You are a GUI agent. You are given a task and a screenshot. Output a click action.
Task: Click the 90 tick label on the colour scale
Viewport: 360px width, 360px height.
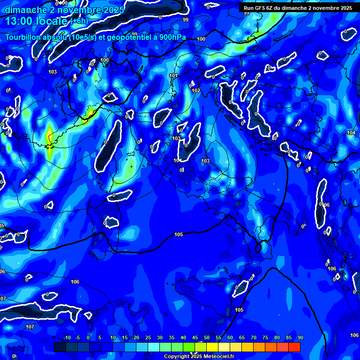pyautogui.click(x=300, y=338)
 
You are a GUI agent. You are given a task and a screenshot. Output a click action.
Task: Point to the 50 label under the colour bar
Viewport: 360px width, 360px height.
pyautogui.click(x=206, y=338)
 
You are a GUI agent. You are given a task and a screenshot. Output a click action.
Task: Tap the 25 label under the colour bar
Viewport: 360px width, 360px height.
pyautogui.click(x=148, y=338)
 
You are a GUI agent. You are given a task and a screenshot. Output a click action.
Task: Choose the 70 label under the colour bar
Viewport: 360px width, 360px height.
pyautogui.click(x=253, y=338)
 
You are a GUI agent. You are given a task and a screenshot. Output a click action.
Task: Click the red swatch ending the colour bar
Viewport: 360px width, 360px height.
pyautogui.click(x=294, y=347)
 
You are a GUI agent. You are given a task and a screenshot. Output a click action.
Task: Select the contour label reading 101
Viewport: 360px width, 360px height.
pyautogui.click(x=173, y=75)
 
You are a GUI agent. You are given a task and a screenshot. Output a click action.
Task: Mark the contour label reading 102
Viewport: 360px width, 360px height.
pyautogui.click(x=196, y=90)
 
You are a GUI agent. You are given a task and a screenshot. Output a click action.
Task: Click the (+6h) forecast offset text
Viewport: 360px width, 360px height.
pyautogui.click(x=79, y=22)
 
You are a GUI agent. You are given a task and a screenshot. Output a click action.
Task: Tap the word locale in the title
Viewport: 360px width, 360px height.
pyautogui.click(x=53, y=21)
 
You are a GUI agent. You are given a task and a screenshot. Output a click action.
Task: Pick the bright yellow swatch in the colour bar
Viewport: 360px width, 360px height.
pyautogui.click(x=212, y=347)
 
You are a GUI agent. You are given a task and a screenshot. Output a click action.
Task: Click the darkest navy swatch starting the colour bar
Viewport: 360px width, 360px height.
pyautogui.click(x=60, y=347)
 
